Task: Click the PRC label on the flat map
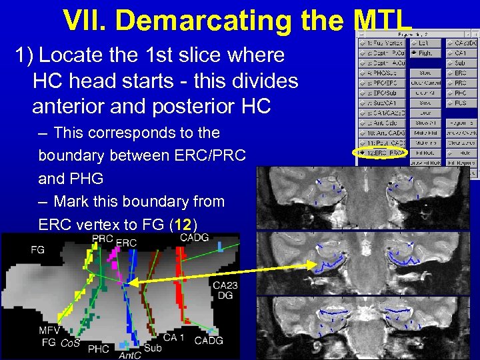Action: tap(102, 239)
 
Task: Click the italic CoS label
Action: tap(70, 343)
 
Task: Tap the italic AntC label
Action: tap(129, 355)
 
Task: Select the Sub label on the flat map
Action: tap(152, 347)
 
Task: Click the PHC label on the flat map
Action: tap(98, 348)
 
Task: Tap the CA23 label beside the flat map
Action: tap(225, 285)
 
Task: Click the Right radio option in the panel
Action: tap(421, 53)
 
